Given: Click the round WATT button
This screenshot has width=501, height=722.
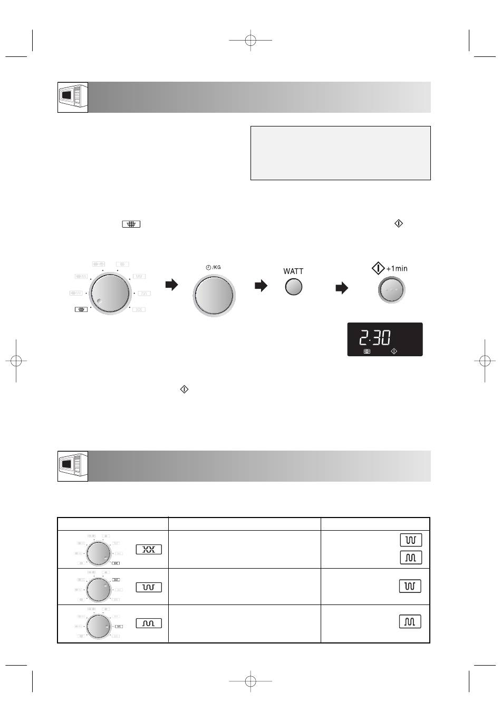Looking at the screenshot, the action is [x=293, y=287].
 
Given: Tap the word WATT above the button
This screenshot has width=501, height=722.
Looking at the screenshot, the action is [x=293, y=271].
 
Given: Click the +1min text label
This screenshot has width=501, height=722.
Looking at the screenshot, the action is [x=397, y=268].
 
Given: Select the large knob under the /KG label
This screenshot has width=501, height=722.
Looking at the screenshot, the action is [x=214, y=295].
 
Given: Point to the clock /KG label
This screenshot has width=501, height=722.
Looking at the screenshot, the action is [x=213, y=267].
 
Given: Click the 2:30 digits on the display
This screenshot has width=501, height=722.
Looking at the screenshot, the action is [x=375, y=337].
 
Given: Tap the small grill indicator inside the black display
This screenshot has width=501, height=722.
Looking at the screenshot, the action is [x=367, y=352].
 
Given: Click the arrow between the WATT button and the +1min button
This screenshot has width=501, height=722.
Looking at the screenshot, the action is [x=342, y=288].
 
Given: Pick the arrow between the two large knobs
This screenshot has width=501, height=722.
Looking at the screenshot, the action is [x=171, y=284].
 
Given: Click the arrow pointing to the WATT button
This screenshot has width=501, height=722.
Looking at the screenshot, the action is [x=261, y=286].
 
